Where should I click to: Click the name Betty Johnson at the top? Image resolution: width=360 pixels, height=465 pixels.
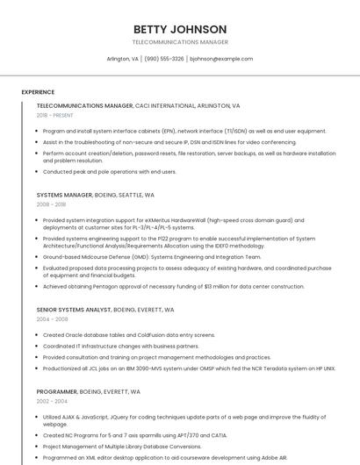coord(179,29)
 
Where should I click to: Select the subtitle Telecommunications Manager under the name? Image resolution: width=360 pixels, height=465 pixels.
coord(179,42)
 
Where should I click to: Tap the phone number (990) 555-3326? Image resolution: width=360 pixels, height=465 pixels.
coord(164,59)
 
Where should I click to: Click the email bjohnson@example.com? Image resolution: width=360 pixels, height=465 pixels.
coord(220,59)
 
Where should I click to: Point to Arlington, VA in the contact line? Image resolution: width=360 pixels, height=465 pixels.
coord(122,59)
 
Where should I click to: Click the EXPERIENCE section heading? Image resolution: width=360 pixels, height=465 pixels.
coord(38,91)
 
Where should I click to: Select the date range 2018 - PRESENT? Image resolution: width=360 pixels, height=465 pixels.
coord(54,116)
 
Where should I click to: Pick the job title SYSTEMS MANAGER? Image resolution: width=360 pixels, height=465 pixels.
coord(64,195)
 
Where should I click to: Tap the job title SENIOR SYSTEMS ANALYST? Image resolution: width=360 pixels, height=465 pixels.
coord(74,310)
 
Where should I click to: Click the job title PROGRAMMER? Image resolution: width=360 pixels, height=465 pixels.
coord(57,390)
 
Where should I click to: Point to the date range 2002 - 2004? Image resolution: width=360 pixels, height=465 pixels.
coord(51,400)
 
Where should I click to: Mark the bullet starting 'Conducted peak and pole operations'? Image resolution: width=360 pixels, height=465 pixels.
coord(109,172)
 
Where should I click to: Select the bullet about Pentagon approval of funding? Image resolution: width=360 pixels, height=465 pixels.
coord(173,286)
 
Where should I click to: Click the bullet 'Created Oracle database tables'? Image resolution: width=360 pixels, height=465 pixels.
coord(128,335)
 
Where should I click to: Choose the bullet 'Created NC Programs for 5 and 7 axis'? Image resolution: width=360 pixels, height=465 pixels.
coord(134,435)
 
